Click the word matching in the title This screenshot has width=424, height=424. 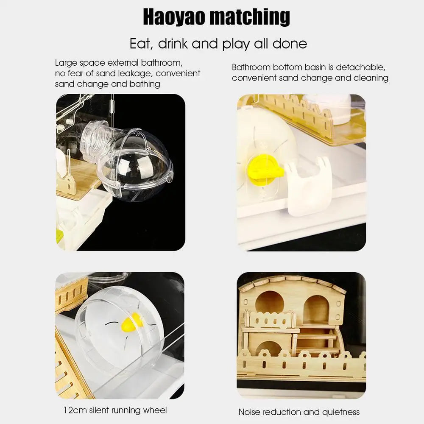coord(250,17)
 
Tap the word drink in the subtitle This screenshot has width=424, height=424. coord(173,44)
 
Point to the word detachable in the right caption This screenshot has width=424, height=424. coord(360,67)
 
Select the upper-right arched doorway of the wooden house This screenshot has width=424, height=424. coord(316,308)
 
